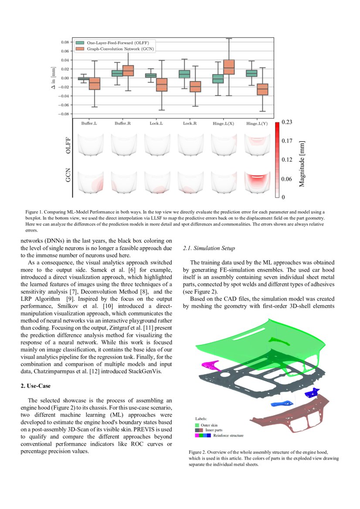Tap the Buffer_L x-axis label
pyautogui.click(x=89, y=124)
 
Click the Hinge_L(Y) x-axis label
pyautogui.click(x=257, y=124)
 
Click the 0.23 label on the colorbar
pyautogui.click(x=286, y=123)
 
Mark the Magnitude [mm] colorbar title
pyautogui.click(x=302, y=164)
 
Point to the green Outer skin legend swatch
pyautogui.click(x=197, y=425)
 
